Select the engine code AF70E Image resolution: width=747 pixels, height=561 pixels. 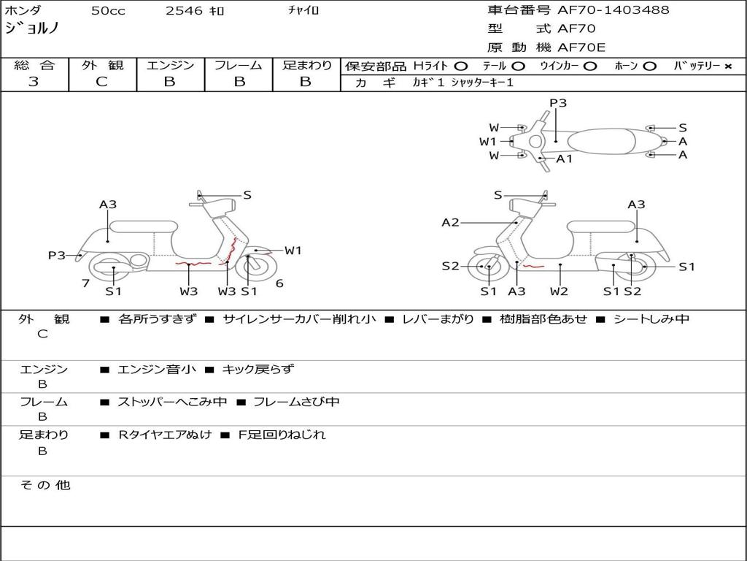[581, 48]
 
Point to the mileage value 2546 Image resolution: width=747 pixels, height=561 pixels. [185, 11]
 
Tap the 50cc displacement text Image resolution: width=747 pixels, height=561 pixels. [107, 11]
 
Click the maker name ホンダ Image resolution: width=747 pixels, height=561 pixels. [23, 11]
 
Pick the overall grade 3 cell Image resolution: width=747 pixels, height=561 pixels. [34, 82]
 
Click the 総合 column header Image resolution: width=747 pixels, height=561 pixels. [34, 66]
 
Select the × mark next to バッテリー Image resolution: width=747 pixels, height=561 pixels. [727, 66]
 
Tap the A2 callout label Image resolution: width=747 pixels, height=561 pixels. [450, 223]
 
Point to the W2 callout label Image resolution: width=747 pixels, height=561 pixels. [560, 291]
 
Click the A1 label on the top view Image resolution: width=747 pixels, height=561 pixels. [565, 159]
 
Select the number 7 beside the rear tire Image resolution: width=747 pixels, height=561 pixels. [85, 283]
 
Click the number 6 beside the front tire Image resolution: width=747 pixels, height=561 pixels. [279, 283]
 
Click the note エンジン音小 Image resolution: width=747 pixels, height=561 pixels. [156, 370]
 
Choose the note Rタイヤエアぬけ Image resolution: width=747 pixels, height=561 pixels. [165, 435]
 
